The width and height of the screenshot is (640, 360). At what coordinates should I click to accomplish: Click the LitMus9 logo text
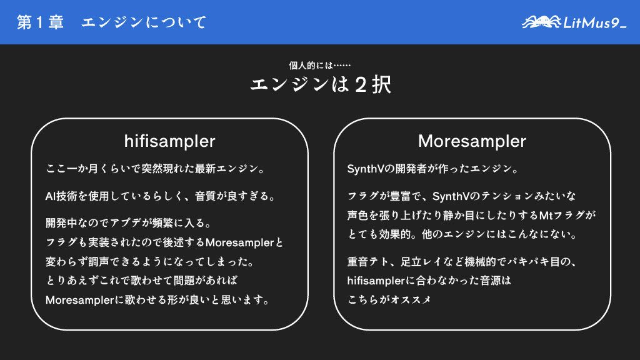[594, 23]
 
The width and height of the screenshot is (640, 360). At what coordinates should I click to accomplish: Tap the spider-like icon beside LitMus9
[542, 22]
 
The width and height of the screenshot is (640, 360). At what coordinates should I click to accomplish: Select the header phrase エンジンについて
[144, 23]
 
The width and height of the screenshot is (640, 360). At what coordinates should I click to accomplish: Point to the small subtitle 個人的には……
[320, 65]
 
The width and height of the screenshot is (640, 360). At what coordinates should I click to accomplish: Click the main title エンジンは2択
[320, 84]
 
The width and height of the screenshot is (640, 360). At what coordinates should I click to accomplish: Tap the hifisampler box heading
[169, 141]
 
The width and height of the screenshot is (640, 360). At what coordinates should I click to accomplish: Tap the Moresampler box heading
[472, 141]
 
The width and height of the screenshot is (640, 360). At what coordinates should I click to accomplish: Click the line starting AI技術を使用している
[161, 196]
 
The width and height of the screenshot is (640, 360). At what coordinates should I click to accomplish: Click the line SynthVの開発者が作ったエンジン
[431, 169]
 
